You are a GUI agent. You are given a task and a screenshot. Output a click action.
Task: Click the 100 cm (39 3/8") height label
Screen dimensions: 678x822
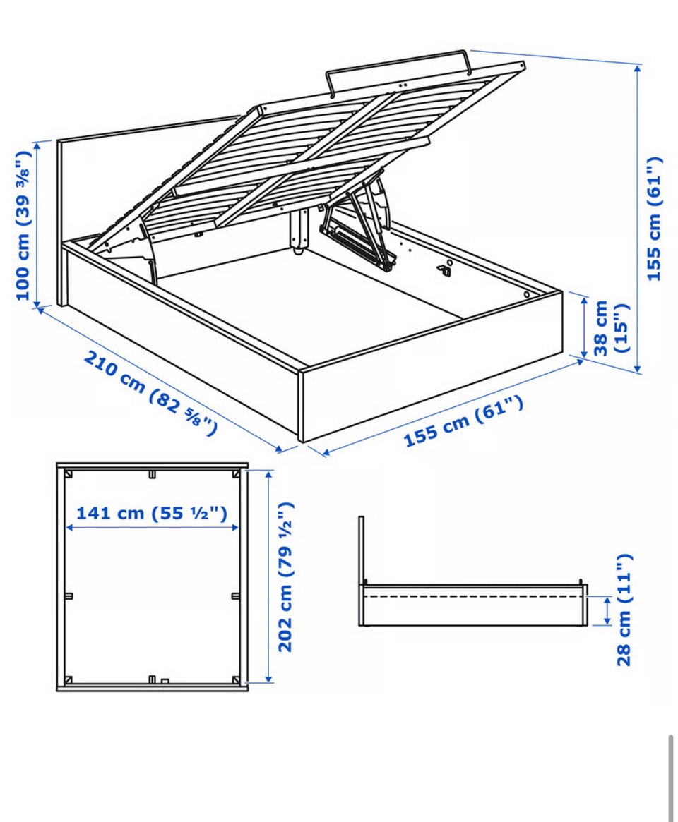point(23,225)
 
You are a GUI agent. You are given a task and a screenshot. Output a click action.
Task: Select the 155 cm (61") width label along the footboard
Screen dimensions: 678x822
point(463,421)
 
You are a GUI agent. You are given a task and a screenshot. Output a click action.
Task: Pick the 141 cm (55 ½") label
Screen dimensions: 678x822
point(152,513)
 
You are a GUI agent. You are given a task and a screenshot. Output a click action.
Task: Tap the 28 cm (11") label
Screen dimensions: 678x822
point(625,609)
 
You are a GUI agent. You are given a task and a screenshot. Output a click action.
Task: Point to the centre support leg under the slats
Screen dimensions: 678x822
point(299,231)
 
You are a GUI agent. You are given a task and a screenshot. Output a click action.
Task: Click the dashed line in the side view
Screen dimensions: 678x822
point(474,596)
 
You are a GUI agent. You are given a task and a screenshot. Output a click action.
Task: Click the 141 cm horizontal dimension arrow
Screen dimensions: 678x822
point(152,528)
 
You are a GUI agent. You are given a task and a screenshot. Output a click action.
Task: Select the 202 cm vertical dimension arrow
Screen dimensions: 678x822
point(269,576)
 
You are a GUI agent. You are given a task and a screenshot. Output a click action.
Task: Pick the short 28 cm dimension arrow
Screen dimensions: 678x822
point(607,611)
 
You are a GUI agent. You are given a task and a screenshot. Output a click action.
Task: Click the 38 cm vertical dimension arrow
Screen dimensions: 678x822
point(584,326)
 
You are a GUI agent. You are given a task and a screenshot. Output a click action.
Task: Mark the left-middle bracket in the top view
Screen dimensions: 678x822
point(69,596)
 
